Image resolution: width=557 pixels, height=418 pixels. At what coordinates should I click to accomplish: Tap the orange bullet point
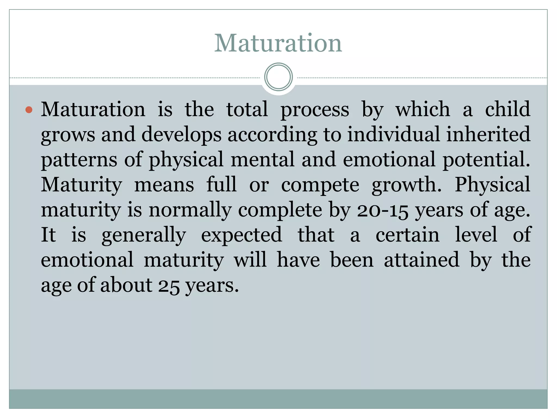(x=29, y=110)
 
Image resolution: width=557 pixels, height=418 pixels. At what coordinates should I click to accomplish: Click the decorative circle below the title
(x=278, y=77)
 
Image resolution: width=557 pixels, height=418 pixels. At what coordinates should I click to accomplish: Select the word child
(x=508, y=109)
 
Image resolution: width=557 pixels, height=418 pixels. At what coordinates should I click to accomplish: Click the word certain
(x=407, y=235)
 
